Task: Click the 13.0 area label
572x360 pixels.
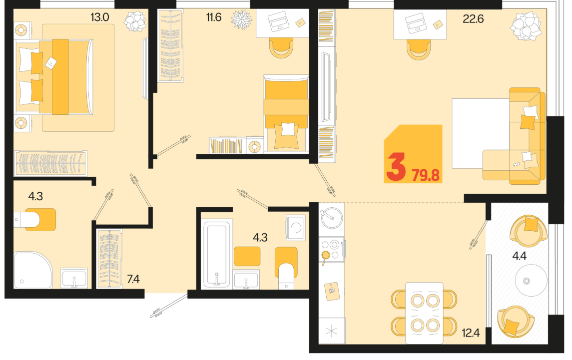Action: click(99, 17)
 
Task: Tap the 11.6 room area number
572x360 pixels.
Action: click(214, 17)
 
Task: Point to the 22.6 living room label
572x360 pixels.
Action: click(473, 18)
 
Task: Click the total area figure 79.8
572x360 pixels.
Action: click(425, 175)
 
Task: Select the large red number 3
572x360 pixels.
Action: click(396, 167)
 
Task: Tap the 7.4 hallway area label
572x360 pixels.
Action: click(133, 279)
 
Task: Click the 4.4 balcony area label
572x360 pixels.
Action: click(519, 256)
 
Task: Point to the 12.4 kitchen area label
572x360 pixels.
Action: click(471, 333)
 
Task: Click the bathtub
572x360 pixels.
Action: click(217, 254)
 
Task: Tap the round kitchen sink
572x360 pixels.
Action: click(331, 217)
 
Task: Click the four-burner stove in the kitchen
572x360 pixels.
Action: click(332, 249)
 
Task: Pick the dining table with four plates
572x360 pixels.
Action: click(424, 313)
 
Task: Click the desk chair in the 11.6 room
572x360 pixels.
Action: click(281, 48)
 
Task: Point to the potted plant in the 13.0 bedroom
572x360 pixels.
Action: click(135, 21)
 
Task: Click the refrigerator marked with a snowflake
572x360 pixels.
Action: click(332, 331)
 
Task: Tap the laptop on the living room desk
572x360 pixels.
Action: click(416, 23)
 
